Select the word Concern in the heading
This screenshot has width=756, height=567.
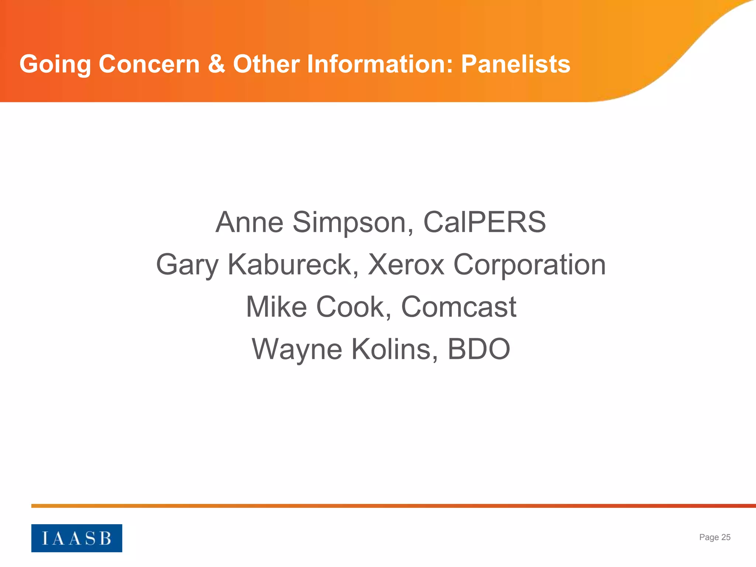tap(149, 64)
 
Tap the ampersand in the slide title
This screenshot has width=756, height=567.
tap(216, 64)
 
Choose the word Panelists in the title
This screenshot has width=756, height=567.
tap(516, 64)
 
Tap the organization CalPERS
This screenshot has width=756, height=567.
tap(484, 222)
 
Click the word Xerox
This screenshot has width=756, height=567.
tap(406, 265)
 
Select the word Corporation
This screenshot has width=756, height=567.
tap(529, 265)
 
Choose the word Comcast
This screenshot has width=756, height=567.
tap(458, 307)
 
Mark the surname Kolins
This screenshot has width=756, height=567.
tap(395, 349)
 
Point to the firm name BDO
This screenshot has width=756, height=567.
tap(479, 349)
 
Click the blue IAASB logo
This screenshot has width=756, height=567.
tap(77, 538)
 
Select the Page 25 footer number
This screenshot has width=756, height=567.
tap(715, 537)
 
